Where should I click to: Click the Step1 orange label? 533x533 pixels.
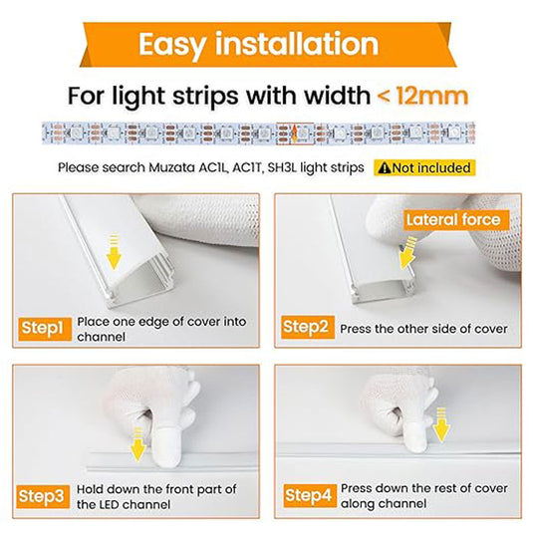(45, 329)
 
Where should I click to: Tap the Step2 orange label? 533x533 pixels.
(308, 327)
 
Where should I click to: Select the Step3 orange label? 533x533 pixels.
(43, 496)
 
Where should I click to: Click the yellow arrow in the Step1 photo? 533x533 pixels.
(114, 251)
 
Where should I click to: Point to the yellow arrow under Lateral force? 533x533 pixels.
(407, 253)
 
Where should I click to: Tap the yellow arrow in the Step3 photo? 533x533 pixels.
(137, 444)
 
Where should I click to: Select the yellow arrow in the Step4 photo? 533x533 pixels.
(441, 424)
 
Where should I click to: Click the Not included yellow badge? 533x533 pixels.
(424, 168)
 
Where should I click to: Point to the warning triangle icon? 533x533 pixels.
(385, 168)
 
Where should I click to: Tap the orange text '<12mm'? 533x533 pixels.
(422, 97)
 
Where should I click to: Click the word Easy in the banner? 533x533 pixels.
(172, 45)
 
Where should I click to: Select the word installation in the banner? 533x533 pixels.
(297, 44)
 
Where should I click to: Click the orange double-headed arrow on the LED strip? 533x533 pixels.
(294, 133)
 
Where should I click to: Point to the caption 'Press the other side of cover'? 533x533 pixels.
(423, 329)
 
